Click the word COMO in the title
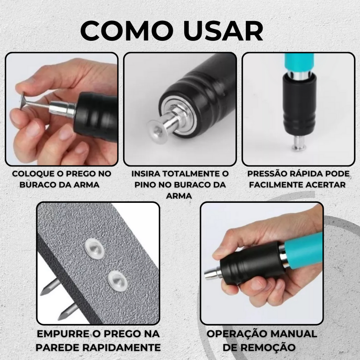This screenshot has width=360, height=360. (x=127, y=31)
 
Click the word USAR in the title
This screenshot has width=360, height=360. (x=223, y=31)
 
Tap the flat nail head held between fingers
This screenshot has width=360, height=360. (x=22, y=101)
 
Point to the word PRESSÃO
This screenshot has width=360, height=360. (x=267, y=174)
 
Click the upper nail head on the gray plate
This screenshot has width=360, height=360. (x=94, y=249)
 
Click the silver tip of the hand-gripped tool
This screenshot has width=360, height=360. (x=213, y=273)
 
